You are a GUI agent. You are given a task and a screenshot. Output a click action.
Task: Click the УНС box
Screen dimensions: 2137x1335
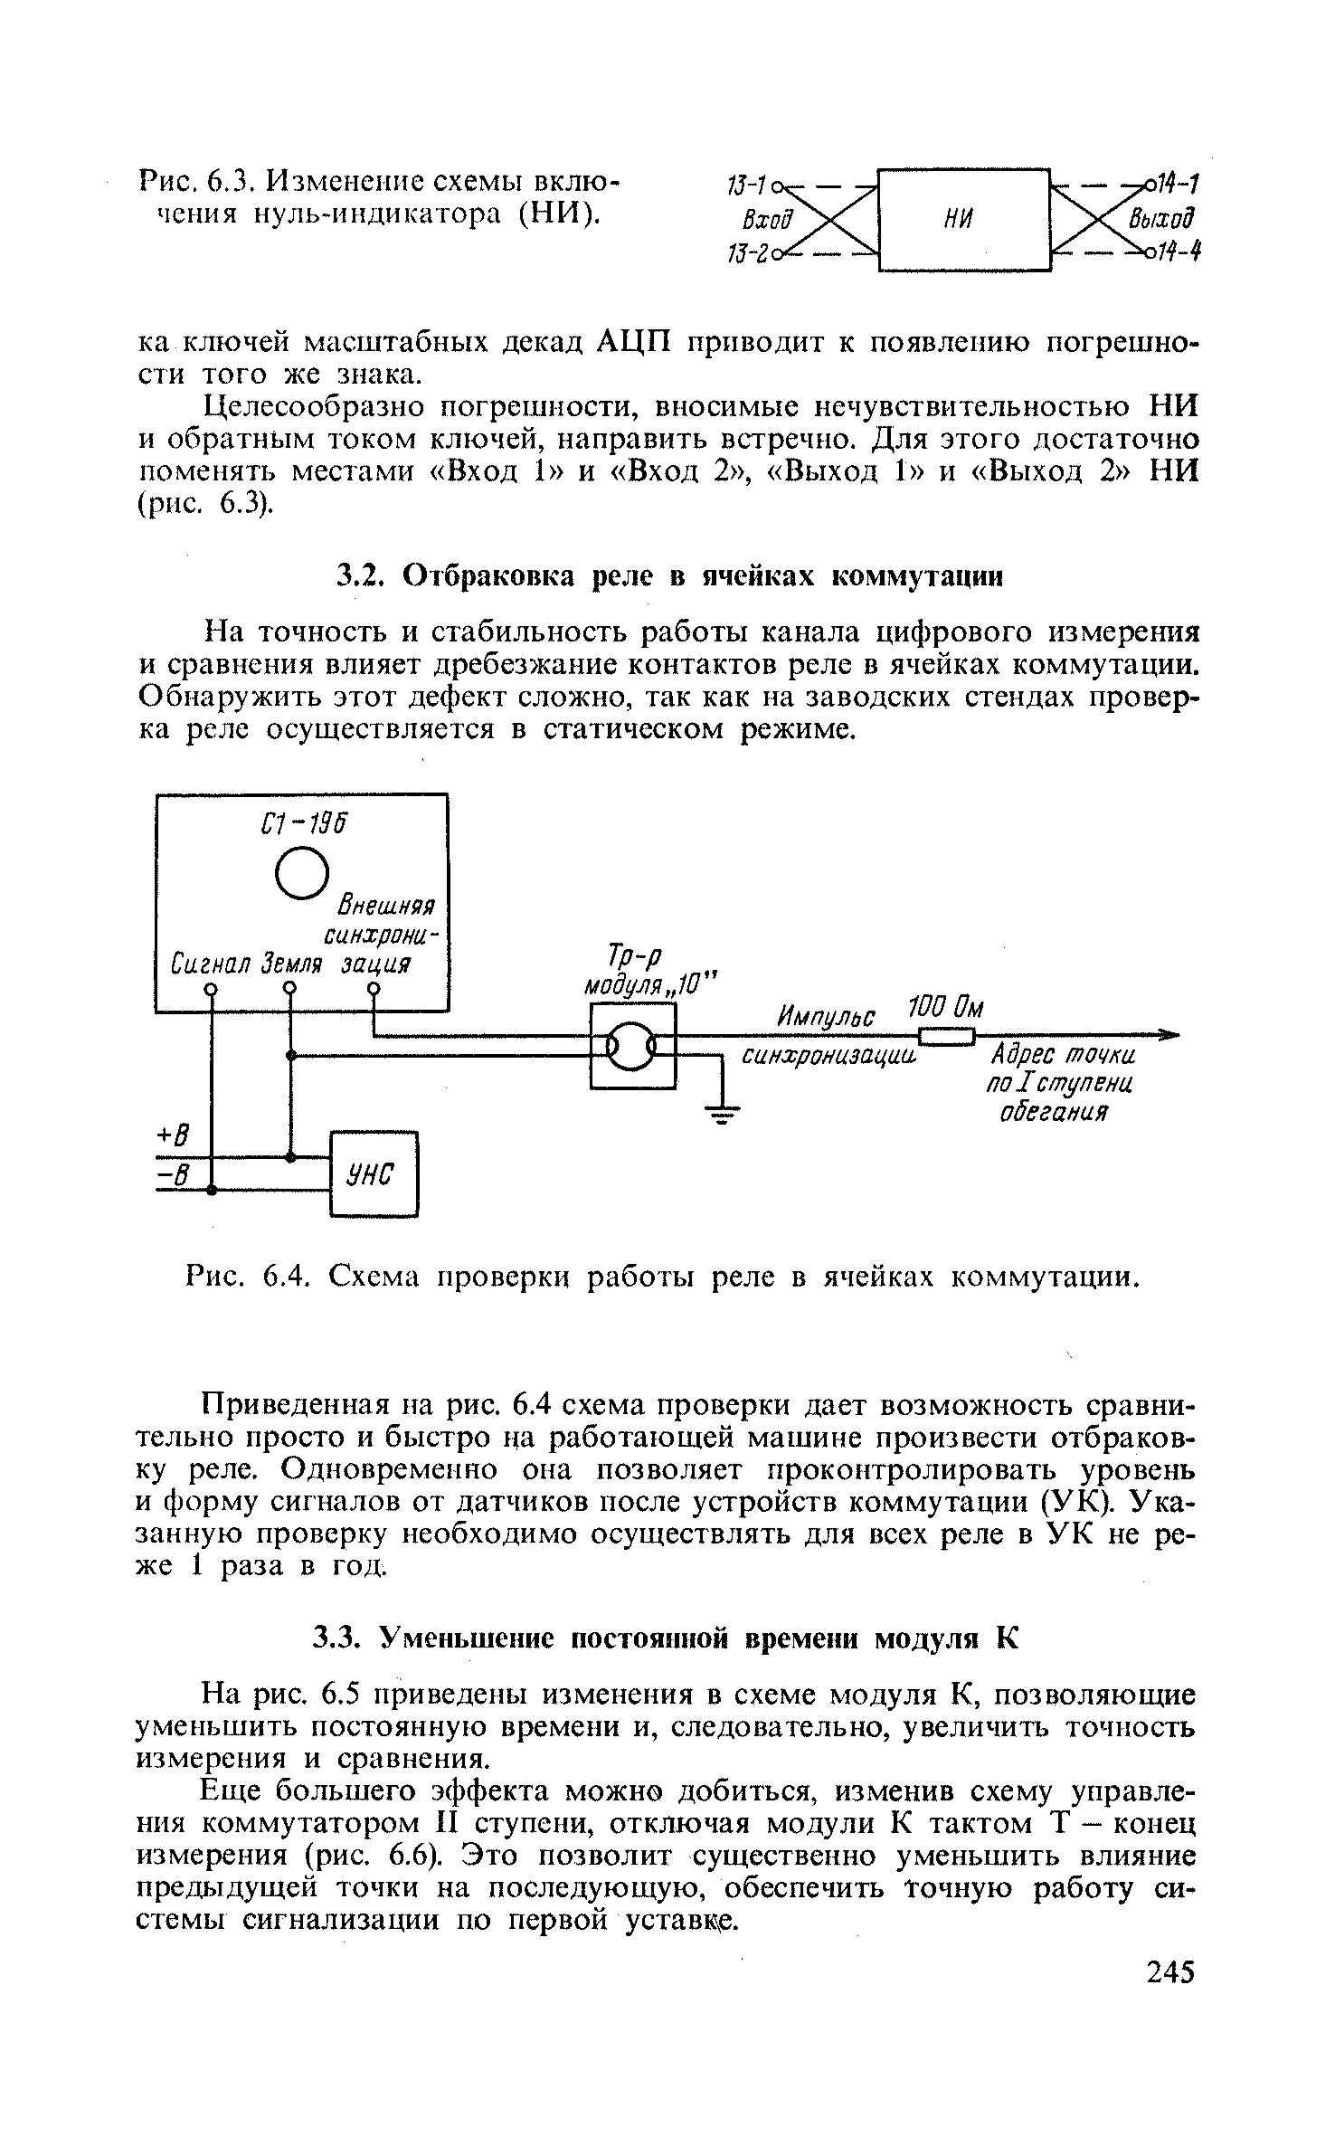tap(374, 1173)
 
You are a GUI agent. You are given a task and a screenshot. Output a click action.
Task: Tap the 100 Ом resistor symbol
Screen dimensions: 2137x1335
tap(946, 1037)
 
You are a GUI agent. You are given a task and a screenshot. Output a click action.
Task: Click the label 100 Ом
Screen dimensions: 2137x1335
tap(943, 1007)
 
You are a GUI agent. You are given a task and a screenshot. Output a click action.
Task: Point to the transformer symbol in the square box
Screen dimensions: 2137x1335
tap(632, 1048)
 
